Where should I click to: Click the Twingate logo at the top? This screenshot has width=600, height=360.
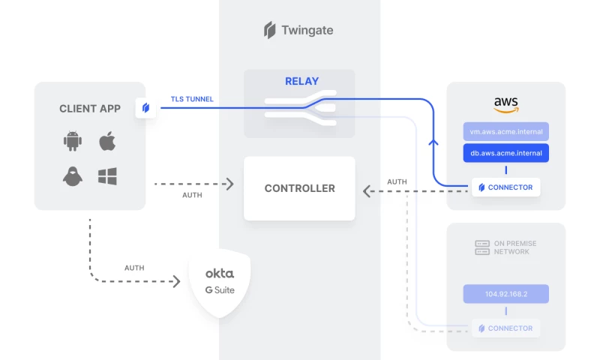[298, 31]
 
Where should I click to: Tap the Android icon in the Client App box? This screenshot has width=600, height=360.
[72, 140]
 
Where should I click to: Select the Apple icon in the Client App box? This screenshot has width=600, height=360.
[108, 140]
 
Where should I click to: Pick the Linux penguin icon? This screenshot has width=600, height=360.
[72, 177]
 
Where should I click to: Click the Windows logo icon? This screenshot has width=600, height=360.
[108, 177]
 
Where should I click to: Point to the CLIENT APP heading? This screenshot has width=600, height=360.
[90, 109]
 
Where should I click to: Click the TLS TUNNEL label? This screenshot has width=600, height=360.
[192, 98]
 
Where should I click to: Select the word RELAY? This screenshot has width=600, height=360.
[301, 81]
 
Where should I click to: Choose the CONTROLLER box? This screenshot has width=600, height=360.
[299, 188]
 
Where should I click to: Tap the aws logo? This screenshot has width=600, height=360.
[506, 103]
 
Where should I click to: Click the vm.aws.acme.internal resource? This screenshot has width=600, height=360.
[506, 131]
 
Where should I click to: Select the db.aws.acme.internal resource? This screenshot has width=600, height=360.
[506, 153]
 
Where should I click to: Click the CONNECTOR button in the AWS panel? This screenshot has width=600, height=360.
[506, 187]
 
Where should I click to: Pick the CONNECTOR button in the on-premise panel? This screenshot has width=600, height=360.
[506, 328]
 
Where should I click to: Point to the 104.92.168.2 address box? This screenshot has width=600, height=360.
[506, 294]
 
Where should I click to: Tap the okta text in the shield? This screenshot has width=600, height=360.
[220, 273]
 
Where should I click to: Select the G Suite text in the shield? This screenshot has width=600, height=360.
[220, 289]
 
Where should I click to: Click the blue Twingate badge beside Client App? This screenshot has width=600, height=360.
[145, 108]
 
